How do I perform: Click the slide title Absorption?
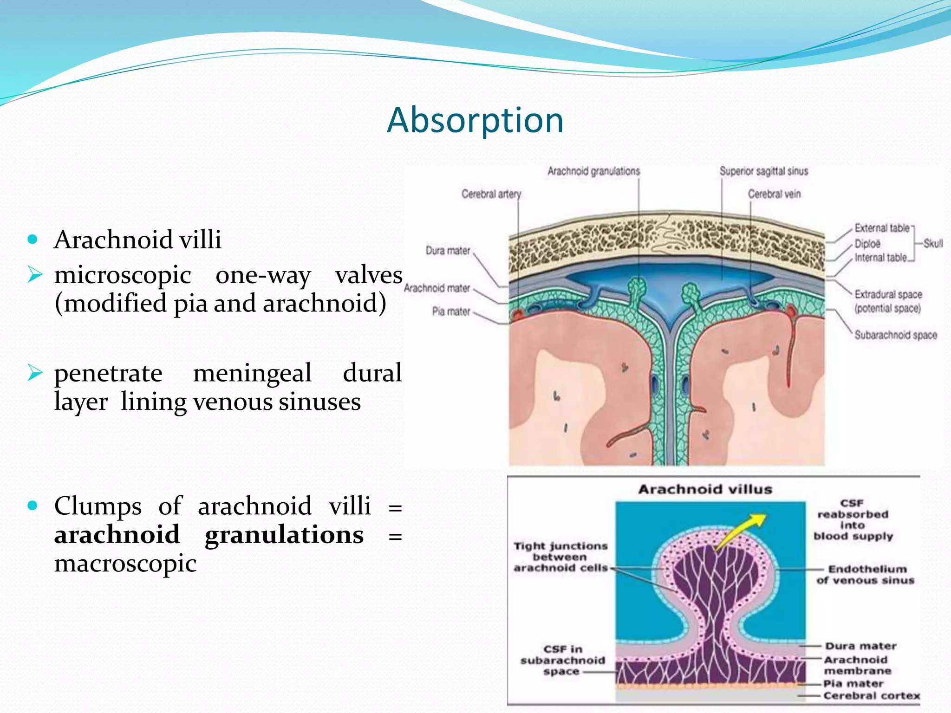[x=475, y=120]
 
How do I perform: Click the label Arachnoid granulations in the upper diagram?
[x=593, y=171]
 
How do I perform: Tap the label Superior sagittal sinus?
[x=764, y=171]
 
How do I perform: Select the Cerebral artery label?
[x=491, y=194]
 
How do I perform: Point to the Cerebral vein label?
[x=774, y=194]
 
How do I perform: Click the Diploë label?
[x=867, y=244]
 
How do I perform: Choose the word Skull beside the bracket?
[x=933, y=243]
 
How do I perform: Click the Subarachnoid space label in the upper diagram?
[x=895, y=335]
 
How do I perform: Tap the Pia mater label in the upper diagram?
[x=451, y=311]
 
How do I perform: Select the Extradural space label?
[x=888, y=294]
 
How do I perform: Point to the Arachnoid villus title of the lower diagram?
[x=705, y=489]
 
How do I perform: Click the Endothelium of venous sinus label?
[x=866, y=575]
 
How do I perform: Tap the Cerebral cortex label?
[x=871, y=695]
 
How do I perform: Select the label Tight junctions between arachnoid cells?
[x=560, y=557]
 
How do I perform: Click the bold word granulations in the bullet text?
[x=284, y=535]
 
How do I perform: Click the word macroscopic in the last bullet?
[x=125, y=564]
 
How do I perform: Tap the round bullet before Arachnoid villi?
[x=32, y=240]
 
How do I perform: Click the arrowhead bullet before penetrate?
[x=35, y=372]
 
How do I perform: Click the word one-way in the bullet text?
[x=263, y=275]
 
